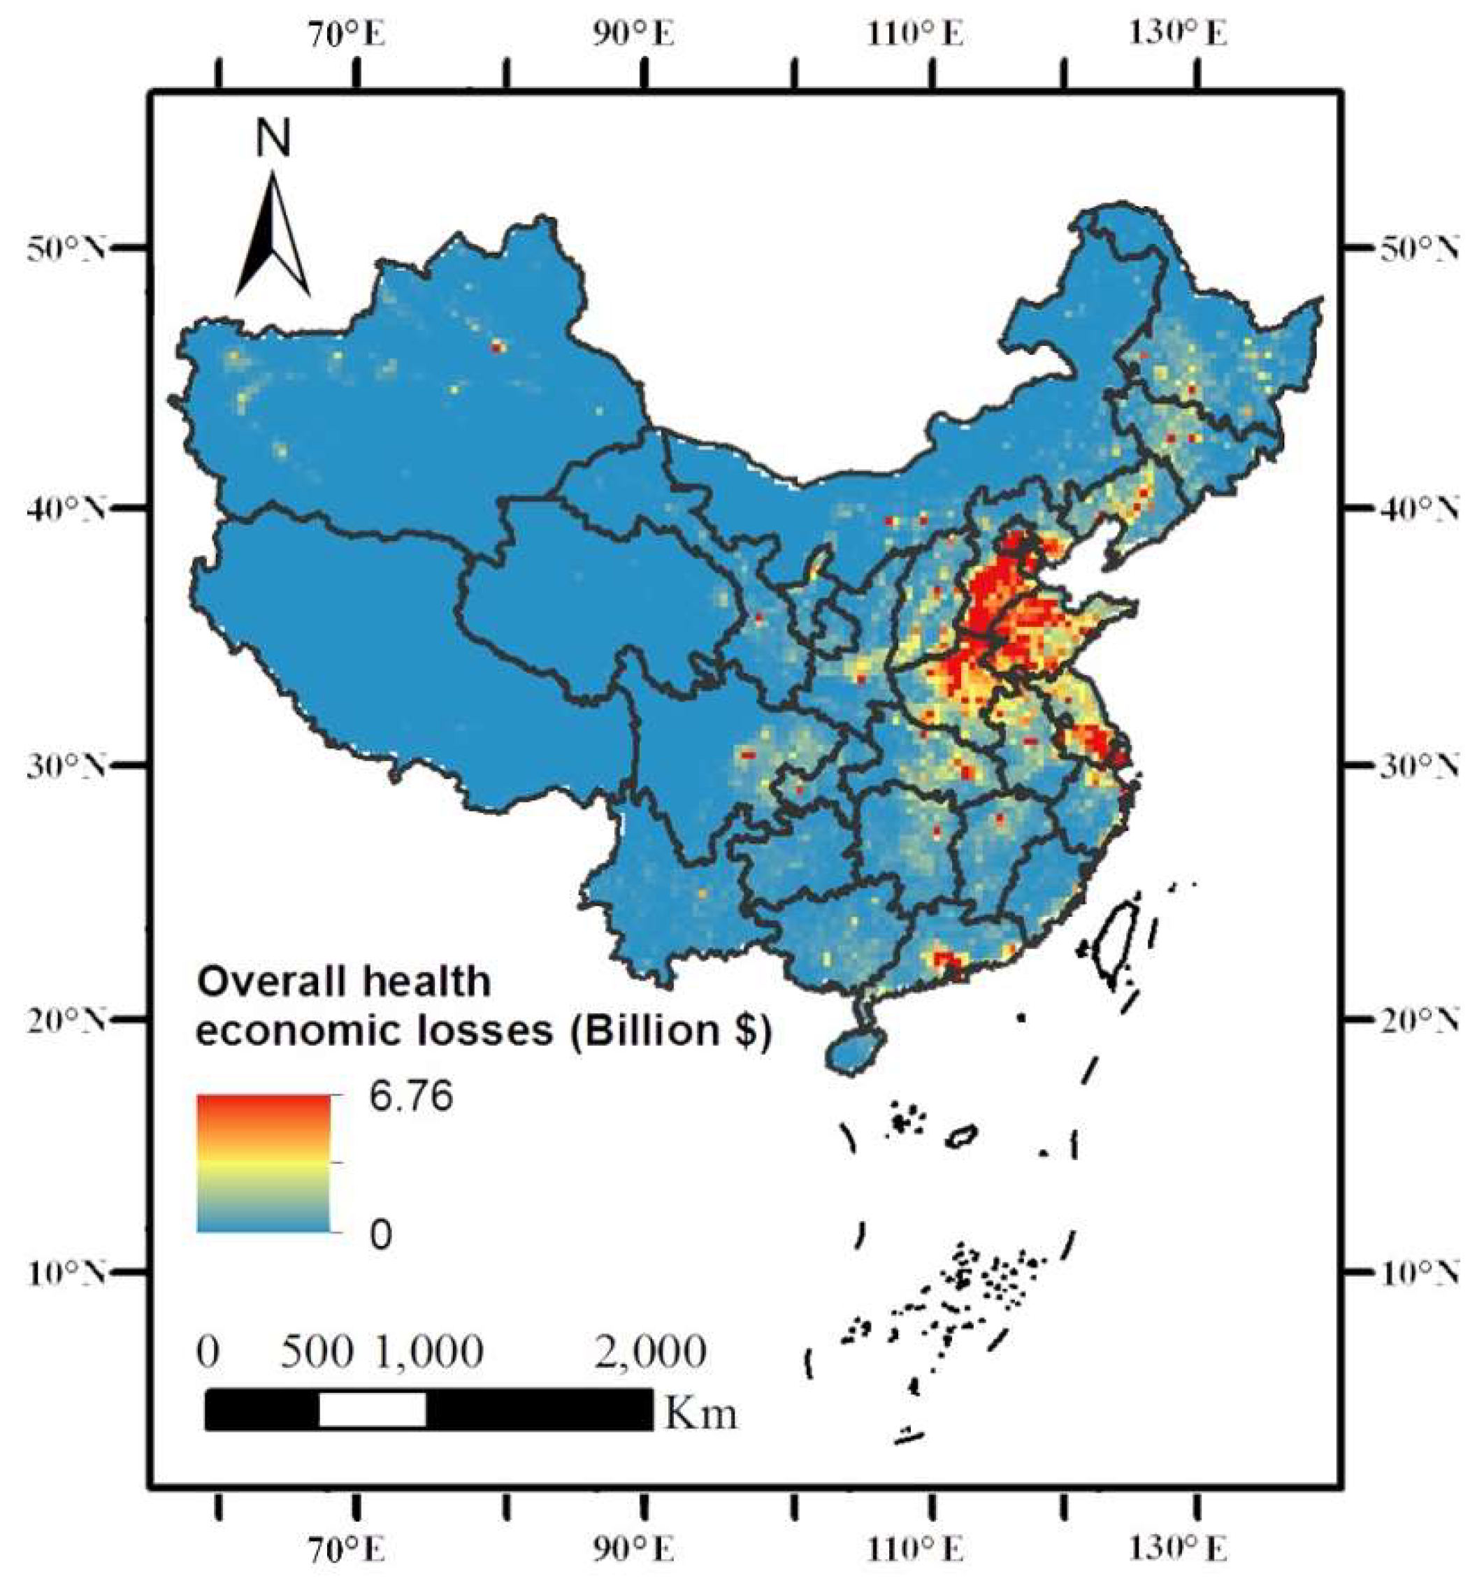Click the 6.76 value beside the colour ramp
click(x=410, y=1097)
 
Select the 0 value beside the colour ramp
click(x=381, y=1235)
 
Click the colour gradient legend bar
click(x=264, y=1164)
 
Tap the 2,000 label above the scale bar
click(x=650, y=1352)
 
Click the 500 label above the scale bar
click(x=316, y=1352)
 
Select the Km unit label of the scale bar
click(x=700, y=1414)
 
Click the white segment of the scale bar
click(x=372, y=1410)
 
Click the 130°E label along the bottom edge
click(x=1177, y=1549)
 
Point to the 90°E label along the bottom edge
click(x=634, y=1549)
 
